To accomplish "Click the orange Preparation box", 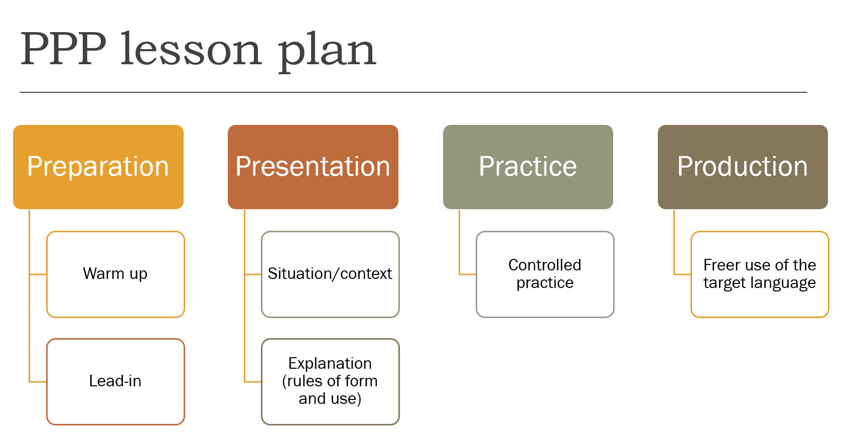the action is (x=98, y=167).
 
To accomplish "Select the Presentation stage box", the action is (x=313, y=167).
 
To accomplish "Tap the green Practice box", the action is (x=528, y=167).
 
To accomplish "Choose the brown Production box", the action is (x=743, y=167).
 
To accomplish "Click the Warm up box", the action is (x=115, y=274).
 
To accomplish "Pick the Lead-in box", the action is (x=115, y=382).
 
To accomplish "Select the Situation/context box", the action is (x=330, y=274).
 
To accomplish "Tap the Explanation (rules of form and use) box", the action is (x=330, y=382).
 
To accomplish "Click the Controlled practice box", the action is (x=545, y=274).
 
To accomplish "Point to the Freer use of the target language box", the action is (x=760, y=274).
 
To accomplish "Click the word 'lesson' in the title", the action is (x=191, y=49).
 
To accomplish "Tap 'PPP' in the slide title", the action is (x=63, y=49).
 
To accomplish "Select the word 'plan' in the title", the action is (x=327, y=52).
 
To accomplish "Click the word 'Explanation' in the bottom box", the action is (x=330, y=364).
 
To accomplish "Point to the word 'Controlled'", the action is (x=545, y=265).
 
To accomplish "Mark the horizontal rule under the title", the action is (x=413, y=92).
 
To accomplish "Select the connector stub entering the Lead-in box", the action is (x=38, y=382).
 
